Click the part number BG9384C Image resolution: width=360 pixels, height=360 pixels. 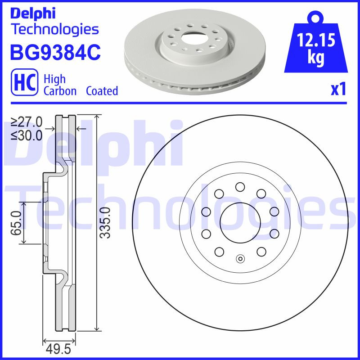[x=55, y=53]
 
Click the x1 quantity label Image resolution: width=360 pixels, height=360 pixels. [x=338, y=90]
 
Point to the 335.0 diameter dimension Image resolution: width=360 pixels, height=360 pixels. [x=105, y=223]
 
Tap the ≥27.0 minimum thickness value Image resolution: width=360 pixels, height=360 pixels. [x=27, y=121]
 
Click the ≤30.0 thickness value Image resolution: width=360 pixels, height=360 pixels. [x=27, y=135]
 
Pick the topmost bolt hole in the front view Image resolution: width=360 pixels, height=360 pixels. [x=240, y=187]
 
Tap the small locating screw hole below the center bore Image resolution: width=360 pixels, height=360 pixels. [x=240, y=258]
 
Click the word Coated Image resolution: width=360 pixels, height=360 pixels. [x=102, y=91]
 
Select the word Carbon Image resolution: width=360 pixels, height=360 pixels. [x=60, y=91]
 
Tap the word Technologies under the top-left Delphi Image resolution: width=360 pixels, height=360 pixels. [x=54, y=29]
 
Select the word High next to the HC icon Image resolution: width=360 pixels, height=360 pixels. [x=54, y=79]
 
